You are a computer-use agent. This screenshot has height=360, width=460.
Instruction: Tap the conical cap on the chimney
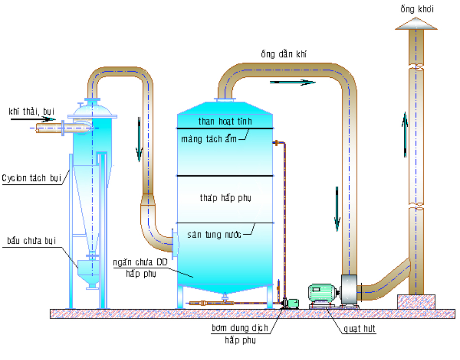(415, 24)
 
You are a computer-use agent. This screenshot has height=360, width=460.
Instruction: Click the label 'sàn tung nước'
(214, 235)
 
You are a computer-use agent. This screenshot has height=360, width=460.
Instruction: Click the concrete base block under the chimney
(415, 301)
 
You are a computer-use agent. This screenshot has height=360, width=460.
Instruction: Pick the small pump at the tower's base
(290, 303)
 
